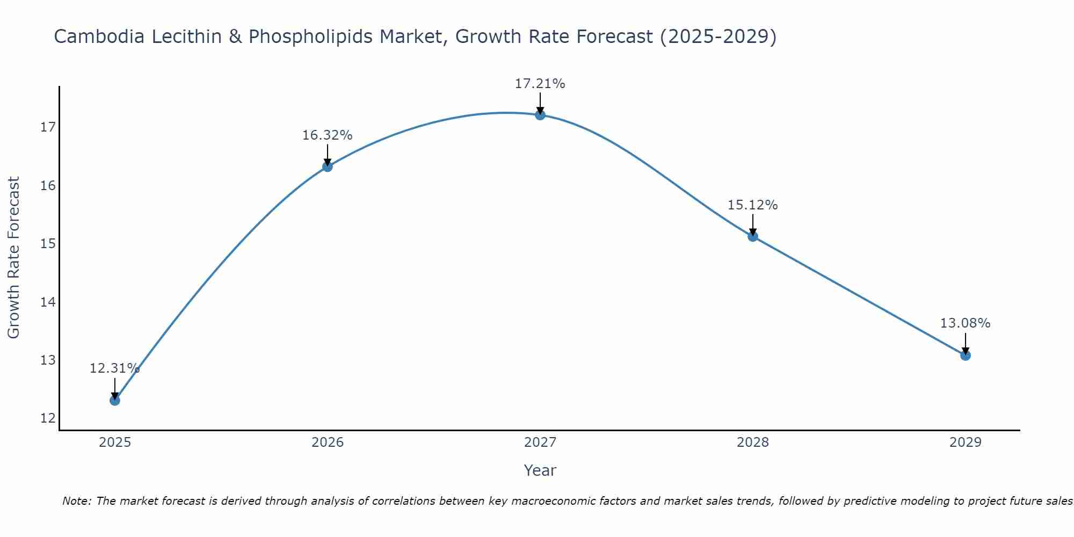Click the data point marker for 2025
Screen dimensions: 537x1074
pos(115,400)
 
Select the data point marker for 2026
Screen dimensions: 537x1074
pos(328,166)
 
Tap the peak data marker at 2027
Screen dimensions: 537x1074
pos(540,115)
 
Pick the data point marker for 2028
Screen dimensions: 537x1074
pos(753,236)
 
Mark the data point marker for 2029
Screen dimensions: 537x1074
pos(966,355)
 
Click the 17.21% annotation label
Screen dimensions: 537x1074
pos(540,84)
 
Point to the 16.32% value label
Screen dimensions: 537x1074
pos(327,135)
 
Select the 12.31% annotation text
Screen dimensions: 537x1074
pos(114,368)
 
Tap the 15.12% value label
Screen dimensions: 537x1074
pos(752,205)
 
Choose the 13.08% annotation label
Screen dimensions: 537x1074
pos(965,323)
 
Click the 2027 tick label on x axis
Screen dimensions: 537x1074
pos(540,442)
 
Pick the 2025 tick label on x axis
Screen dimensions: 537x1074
pos(115,442)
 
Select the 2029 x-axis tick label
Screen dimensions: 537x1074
pos(966,442)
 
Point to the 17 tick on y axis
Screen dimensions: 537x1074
pos(48,127)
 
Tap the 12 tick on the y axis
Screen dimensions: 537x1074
pos(48,418)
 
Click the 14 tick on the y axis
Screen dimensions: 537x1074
pos(48,302)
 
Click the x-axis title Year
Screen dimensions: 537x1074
pos(540,470)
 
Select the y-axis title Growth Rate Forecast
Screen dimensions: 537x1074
pos(14,258)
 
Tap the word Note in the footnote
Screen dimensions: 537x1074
pos(76,501)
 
